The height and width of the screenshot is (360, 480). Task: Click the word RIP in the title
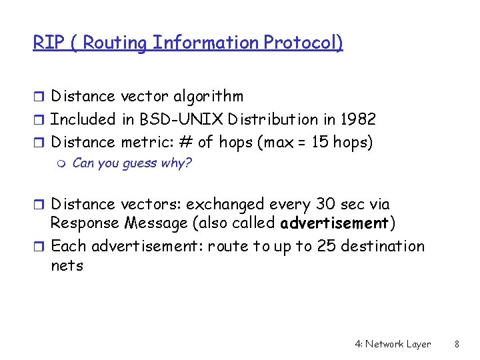45,43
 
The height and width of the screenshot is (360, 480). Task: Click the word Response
83,222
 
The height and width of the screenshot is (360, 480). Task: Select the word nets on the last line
67,265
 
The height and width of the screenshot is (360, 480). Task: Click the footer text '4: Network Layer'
393,344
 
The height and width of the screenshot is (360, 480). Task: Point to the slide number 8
457,344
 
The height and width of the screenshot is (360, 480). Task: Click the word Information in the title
205,43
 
